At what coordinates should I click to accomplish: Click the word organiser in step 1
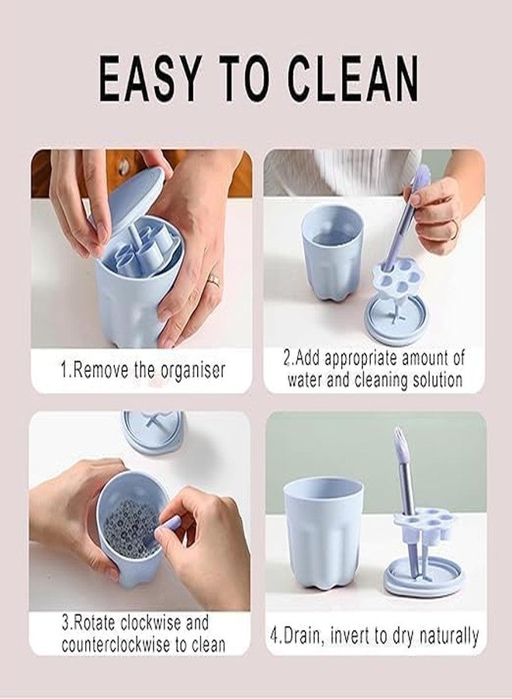pos(193,370)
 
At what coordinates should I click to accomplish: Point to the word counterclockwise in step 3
pos(117,645)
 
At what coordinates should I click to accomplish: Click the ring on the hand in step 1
pos(214,280)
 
